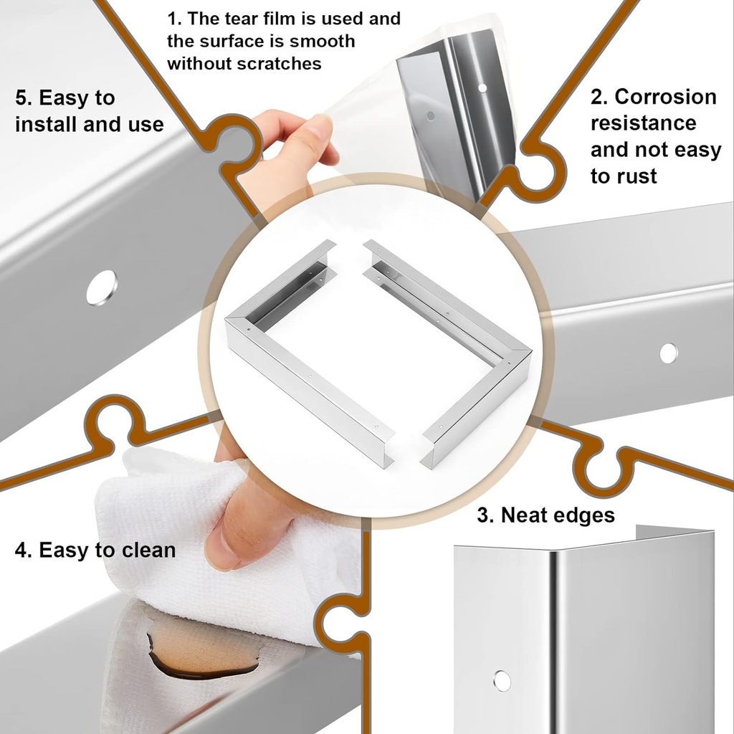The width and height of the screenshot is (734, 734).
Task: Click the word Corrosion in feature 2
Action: (x=666, y=97)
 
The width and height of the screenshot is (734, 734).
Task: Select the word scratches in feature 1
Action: (x=279, y=64)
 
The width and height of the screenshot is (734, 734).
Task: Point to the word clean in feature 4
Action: (x=148, y=550)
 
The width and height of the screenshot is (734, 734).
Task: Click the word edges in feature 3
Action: (x=582, y=515)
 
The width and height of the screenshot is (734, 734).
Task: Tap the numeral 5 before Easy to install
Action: (x=22, y=97)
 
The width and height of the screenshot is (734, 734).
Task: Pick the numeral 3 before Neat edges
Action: (x=484, y=515)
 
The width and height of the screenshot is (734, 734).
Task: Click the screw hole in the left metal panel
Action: (x=101, y=287)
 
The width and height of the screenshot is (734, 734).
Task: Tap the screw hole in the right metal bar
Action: (x=668, y=353)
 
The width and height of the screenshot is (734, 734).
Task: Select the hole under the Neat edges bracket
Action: (x=502, y=681)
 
